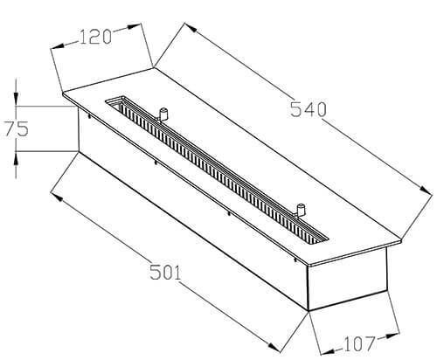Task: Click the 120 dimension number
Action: coord(95,37)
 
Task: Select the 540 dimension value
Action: coord(309,109)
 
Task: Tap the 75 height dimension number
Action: coord(17,128)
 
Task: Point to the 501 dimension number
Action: coord(165,273)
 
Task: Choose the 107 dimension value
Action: coord(359,343)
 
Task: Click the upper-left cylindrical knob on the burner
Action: coord(163,114)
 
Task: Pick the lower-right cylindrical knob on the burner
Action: coord(300,210)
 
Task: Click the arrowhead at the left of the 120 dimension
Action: coord(57,46)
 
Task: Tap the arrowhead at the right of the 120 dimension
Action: coord(134,26)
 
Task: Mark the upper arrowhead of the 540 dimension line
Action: coord(191,27)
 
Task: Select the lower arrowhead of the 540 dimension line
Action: coord(426,190)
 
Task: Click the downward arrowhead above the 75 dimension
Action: coord(16,98)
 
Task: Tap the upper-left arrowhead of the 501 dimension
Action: coord(57,197)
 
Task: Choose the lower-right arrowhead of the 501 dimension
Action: coord(274,347)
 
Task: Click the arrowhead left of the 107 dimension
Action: coord(327,352)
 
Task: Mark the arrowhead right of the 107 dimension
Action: coord(392,336)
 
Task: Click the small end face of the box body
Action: coord(347,280)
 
